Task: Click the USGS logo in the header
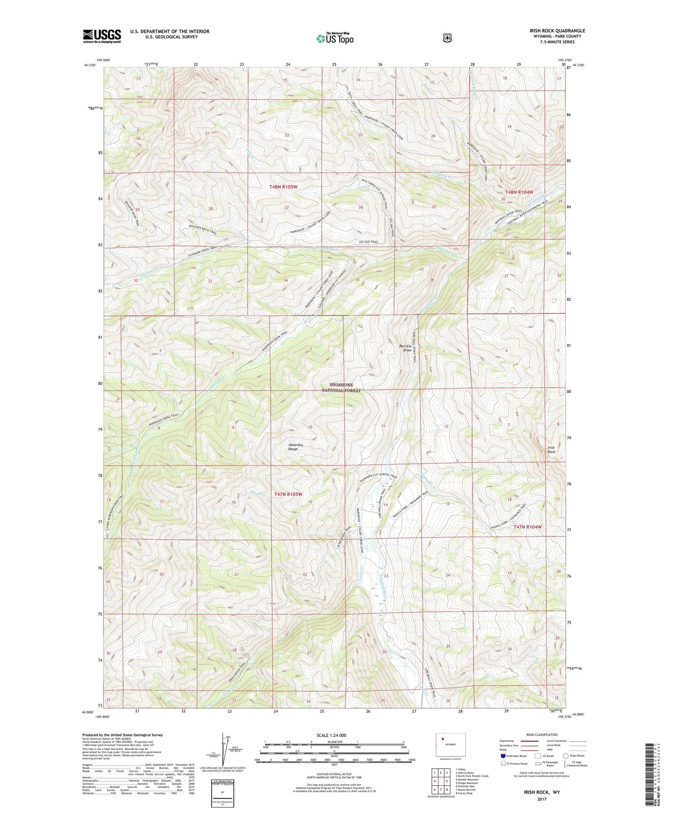[x=102, y=36]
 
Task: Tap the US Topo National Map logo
[x=335, y=38]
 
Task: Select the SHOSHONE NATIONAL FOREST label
[x=341, y=388]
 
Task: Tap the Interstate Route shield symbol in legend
[x=503, y=756]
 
